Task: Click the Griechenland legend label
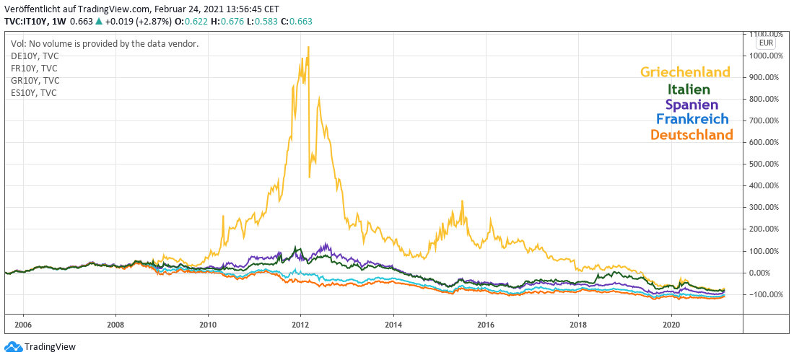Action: tap(685, 72)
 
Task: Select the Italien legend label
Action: tap(689, 89)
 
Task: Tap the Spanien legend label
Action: tap(692, 105)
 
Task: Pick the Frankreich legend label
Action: tap(692, 119)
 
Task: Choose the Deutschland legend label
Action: tap(692, 134)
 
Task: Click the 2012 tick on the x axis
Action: tap(301, 325)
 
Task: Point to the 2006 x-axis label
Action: tap(22, 325)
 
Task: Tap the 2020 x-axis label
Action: tap(672, 325)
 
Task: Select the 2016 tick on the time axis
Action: tap(487, 325)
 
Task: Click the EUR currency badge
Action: tap(766, 43)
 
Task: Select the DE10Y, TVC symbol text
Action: tap(35, 56)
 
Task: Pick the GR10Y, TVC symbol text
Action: tap(35, 80)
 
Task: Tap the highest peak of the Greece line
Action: tap(308, 48)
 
